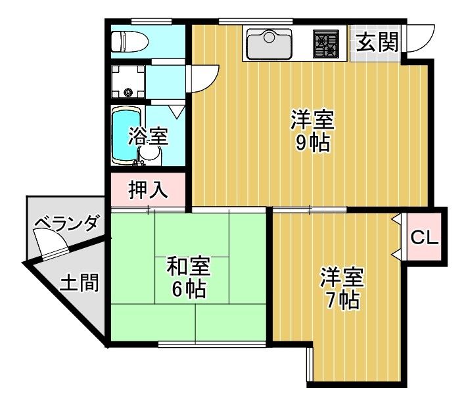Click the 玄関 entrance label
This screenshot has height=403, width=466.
377,42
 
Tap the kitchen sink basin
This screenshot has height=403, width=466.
269,44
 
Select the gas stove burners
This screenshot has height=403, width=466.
326,43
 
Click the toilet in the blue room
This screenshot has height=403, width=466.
129,41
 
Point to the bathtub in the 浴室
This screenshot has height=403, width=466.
126,135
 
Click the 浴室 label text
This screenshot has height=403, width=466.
149,137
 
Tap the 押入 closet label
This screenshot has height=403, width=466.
148,190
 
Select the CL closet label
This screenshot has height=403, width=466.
425,238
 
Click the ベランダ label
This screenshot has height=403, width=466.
66,224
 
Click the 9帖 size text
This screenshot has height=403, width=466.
312,143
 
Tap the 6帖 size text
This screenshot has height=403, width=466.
189,289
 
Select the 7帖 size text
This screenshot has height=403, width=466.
342,301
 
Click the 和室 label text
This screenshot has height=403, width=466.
189,266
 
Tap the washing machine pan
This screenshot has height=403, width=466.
128,81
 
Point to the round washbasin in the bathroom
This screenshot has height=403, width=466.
150,154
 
